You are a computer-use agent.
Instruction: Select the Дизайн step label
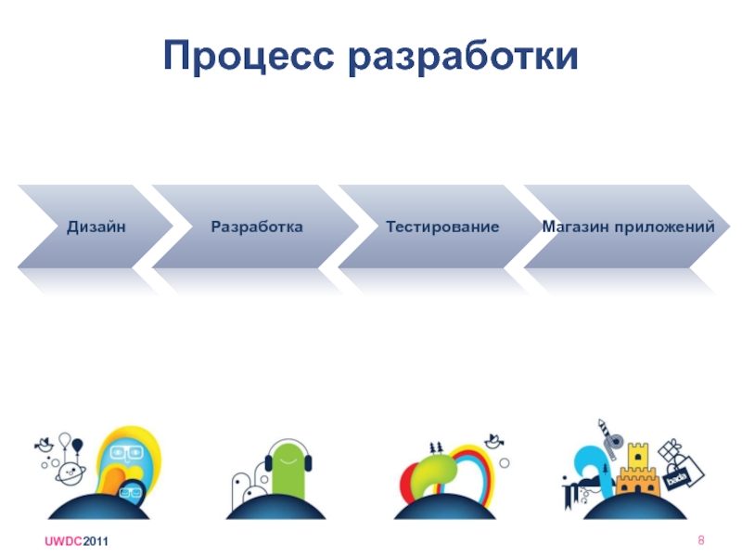pyautogui.click(x=96, y=227)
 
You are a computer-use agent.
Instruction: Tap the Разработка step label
pyautogui.click(x=257, y=227)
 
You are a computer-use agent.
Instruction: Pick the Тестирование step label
pyautogui.click(x=442, y=227)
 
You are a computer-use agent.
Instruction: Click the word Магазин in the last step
pyautogui.click(x=574, y=227)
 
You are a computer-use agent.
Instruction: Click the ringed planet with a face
pyautogui.click(x=70, y=473)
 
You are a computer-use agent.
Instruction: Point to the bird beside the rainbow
pyautogui.click(x=500, y=439)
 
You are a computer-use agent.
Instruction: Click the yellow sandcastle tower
pyautogui.click(x=637, y=468)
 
